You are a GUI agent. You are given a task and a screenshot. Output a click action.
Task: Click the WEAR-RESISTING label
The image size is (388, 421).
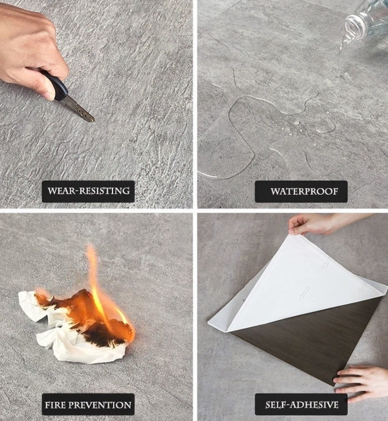click(88, 191)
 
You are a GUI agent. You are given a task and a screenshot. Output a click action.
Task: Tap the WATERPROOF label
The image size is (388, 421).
click(304, 192)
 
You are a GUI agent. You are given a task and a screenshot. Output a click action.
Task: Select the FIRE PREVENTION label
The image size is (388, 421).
click(88, 405)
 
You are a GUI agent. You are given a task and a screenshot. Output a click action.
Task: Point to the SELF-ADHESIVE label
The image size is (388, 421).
click(301, 405)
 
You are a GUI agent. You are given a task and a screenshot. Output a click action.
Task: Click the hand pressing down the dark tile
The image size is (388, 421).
click(361, 381)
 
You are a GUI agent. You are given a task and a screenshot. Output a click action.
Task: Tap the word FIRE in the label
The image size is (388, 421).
click(56, 405)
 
